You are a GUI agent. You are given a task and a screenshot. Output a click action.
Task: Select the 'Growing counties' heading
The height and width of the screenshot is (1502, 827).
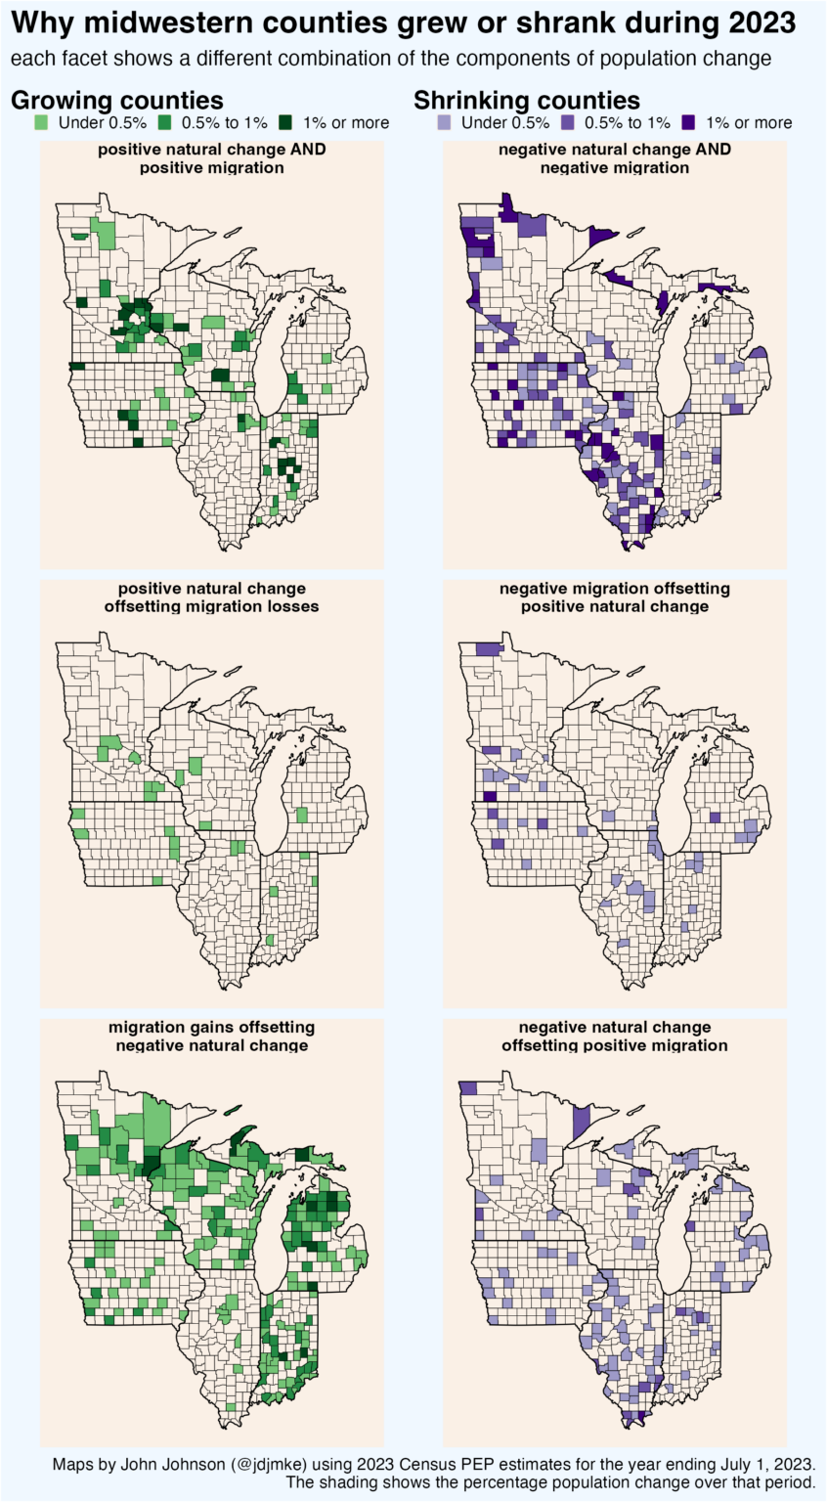click(x=116, y=100)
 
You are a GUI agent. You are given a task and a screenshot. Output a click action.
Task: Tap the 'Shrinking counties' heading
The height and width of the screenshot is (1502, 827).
click(x=527, y=100)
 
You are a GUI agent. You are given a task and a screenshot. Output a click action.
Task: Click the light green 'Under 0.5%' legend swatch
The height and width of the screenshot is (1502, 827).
click(x=41, y=123)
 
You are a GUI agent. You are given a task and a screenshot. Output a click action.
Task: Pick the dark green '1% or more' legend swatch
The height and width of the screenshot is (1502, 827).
click(x=285, y=123)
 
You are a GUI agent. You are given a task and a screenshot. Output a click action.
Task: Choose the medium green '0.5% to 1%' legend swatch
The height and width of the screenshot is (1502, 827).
click(x=166, y=123)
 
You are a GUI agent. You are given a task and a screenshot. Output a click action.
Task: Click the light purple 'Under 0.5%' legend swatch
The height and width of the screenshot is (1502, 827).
click(x=444, y=123)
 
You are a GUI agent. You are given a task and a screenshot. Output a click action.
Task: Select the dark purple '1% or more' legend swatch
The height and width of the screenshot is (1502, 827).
click(x=688, y=123)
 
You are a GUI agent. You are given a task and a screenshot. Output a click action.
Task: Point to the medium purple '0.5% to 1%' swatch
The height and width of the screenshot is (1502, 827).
click(x=569, y=123)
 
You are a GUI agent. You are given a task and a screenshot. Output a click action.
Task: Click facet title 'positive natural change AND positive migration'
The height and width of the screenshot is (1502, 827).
click(x=211, y=158)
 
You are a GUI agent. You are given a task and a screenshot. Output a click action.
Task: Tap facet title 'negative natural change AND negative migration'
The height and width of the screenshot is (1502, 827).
click(x=614, y=158)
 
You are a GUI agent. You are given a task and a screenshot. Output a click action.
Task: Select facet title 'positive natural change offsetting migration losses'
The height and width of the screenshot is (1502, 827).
click(x=211, y=597)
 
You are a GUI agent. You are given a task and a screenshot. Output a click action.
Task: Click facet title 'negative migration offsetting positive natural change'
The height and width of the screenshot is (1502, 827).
click(x=614, y=597)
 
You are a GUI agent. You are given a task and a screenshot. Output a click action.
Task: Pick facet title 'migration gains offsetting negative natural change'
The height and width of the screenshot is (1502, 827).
click(x=211, y=1037)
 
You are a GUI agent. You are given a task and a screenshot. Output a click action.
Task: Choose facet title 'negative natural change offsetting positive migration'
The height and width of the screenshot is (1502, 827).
click(x=614, y=1037)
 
